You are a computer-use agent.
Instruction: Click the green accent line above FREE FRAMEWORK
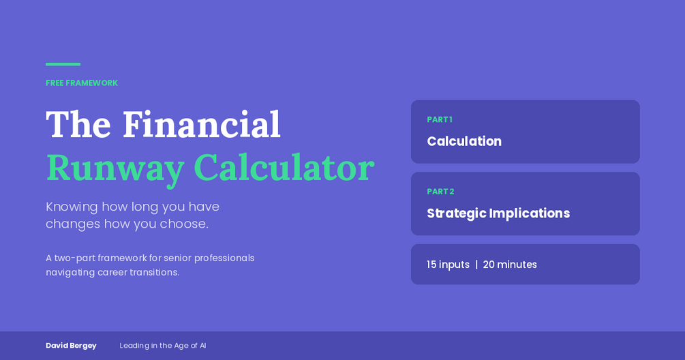[x=63, y=64]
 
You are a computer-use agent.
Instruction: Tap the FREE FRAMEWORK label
[x=82, y=83]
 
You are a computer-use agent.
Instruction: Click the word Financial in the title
[x=201, y=125]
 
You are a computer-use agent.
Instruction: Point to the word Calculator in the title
[x=284, y=167]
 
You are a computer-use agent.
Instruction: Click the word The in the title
[x=78, y=125]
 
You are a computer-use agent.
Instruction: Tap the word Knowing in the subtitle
[x=72, y=207]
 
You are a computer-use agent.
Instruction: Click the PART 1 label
[x=440, y=120]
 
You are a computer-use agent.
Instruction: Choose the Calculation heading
[x=464, y=141]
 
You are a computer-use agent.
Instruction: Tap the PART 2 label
[x=440, y=192]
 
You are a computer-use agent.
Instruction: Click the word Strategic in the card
[x=457, y=213]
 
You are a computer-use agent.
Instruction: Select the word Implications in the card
[x=530, y=213]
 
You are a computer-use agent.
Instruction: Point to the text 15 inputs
[x=448, y=265]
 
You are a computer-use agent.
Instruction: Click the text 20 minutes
[x=510, y=265]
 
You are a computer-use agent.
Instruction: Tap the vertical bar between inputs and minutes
[x=476, y=265]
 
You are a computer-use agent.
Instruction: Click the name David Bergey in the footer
[x=71, y=346]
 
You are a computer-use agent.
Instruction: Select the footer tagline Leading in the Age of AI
[x=163, y=346]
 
